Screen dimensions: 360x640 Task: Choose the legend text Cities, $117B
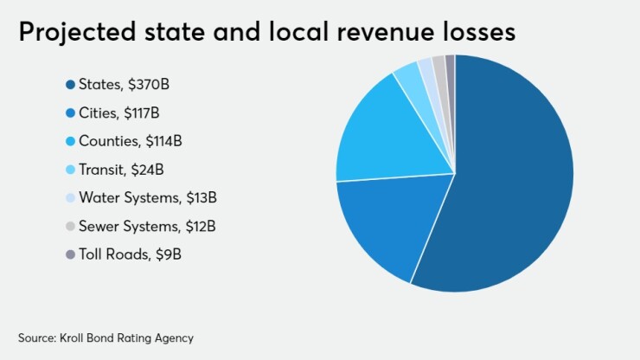pyautogui.click(x=118, y=112)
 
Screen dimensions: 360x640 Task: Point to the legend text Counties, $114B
pyautogui.click(x=130, y=141)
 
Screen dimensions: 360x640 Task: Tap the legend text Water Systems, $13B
pyautogui.click(x=147, y=198)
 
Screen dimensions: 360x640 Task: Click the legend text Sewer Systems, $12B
pyautogui.click(x=147, y=227)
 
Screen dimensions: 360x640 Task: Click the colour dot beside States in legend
pyautogui.click(x=69, y=84)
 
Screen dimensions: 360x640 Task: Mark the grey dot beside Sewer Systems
pyautogui.click(x=69, y=227)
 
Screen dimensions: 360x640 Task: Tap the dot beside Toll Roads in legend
pyautogui.click(x=69, y=255)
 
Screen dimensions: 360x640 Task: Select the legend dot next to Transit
pyautogui.click(x=69, y=170)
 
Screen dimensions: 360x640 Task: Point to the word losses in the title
pyautogui.click(x=477, y=33)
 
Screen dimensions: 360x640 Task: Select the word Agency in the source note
pyautogui.click(x=172, y=338)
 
